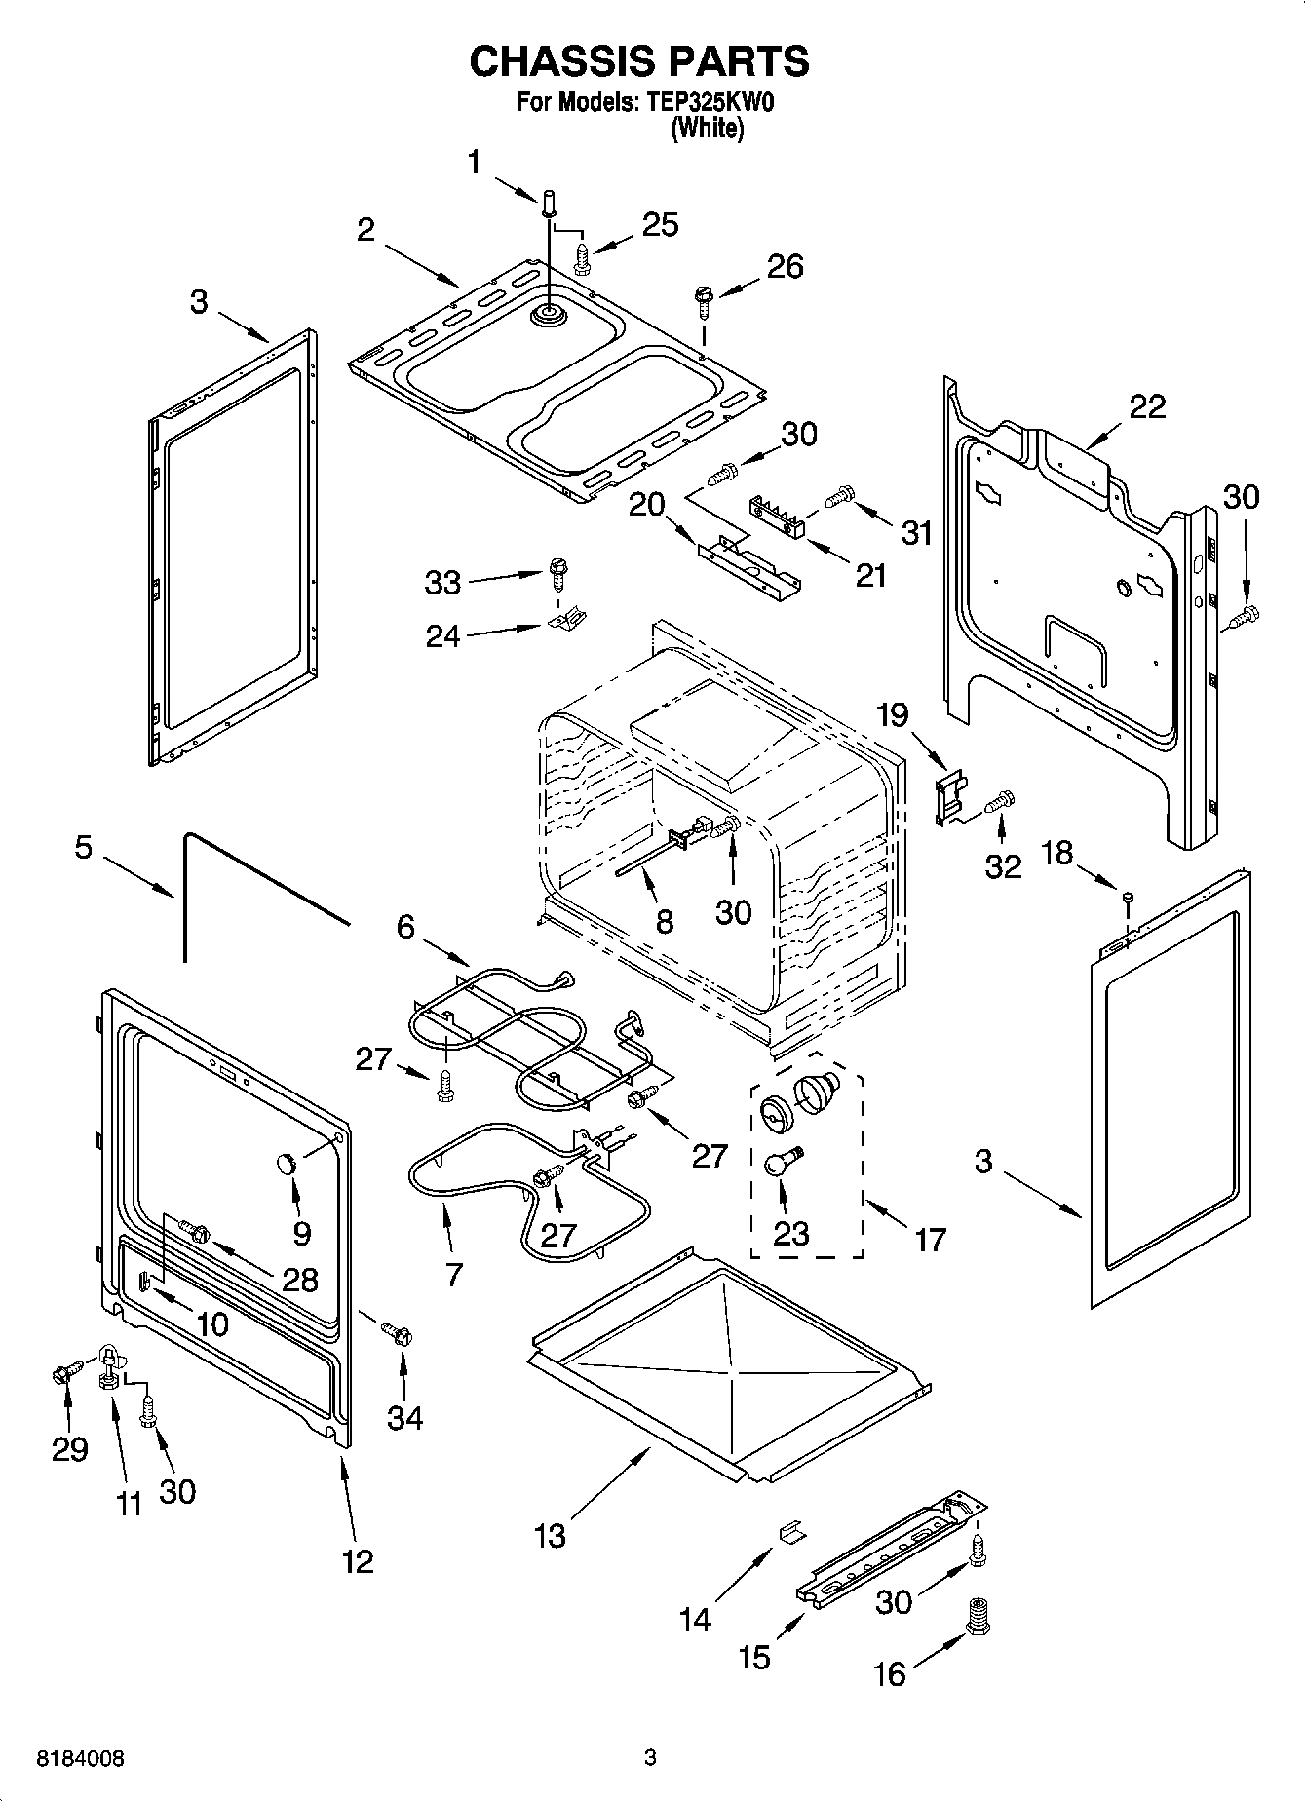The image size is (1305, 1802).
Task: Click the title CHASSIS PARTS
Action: tap(639, 60)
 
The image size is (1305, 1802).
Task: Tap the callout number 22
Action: tap(1147, 406)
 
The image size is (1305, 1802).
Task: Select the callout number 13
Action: tap(550, 1536)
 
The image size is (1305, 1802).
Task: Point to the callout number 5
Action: tap(84, 847)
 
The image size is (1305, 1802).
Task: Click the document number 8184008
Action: tap(81, 1758)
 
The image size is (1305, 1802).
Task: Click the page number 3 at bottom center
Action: tap(650, 1758)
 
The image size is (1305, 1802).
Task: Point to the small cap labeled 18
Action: tap(1128, 897)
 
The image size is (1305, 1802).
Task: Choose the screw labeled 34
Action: tap(398, 1331)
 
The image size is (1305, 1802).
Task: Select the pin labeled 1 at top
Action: tap(548, 203)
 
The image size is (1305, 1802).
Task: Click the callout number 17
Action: tap(931, 1240)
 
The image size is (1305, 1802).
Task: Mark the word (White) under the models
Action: tap(708, 128)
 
